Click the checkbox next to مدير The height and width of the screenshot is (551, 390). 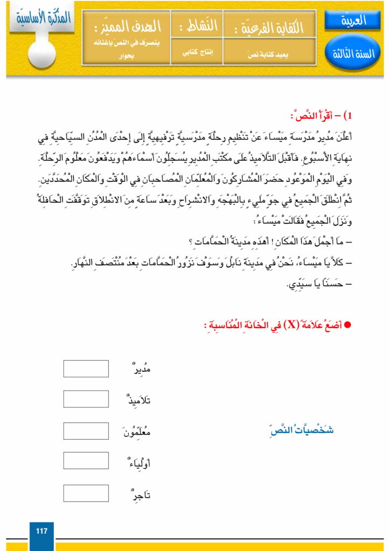[x=86, y=369]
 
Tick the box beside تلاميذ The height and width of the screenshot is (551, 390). [x=86, y=400]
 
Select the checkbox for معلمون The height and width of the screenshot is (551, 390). [x=86, y=431]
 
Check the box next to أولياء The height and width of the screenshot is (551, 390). [x=86, y=461]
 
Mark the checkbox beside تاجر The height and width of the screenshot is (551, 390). [x=86, y=493]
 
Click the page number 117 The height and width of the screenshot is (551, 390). [x=41, y=532]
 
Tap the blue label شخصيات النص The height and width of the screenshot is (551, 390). [x=301, y=430]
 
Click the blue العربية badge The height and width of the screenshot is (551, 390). [x=353, y=21]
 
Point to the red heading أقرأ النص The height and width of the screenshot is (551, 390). [x=321, y=116]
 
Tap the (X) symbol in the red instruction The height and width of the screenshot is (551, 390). [x=281, y=326]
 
